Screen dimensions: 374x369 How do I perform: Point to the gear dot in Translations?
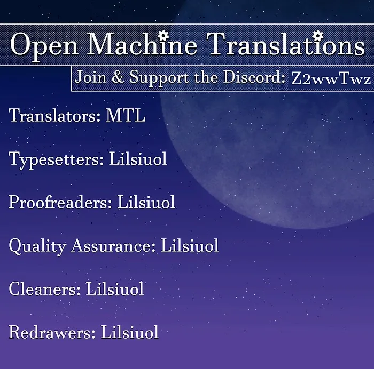318,36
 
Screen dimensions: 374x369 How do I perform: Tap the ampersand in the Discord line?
118,77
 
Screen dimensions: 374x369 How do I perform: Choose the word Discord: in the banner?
254,77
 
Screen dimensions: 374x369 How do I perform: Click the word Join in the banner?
90,77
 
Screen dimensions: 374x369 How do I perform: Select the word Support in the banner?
159,78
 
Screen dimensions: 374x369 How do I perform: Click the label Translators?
54,115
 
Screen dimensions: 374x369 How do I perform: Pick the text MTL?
126,115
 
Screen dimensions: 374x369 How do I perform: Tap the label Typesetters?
56,159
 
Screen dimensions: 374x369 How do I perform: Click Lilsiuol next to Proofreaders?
146,202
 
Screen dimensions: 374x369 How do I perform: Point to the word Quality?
37,246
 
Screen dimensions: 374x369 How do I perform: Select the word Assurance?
113,245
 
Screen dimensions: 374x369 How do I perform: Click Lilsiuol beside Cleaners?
115,289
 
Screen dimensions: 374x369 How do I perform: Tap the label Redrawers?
52,332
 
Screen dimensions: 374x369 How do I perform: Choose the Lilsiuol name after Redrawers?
129,332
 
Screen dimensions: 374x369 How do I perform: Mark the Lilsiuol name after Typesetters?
138,158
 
